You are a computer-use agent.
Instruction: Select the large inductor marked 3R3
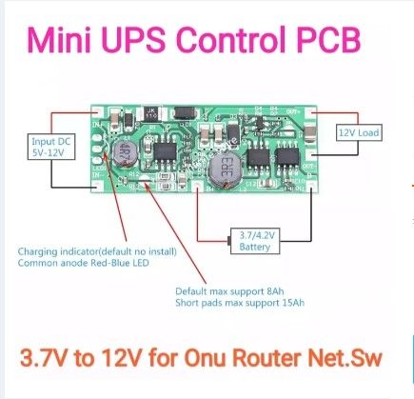[217, 169]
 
